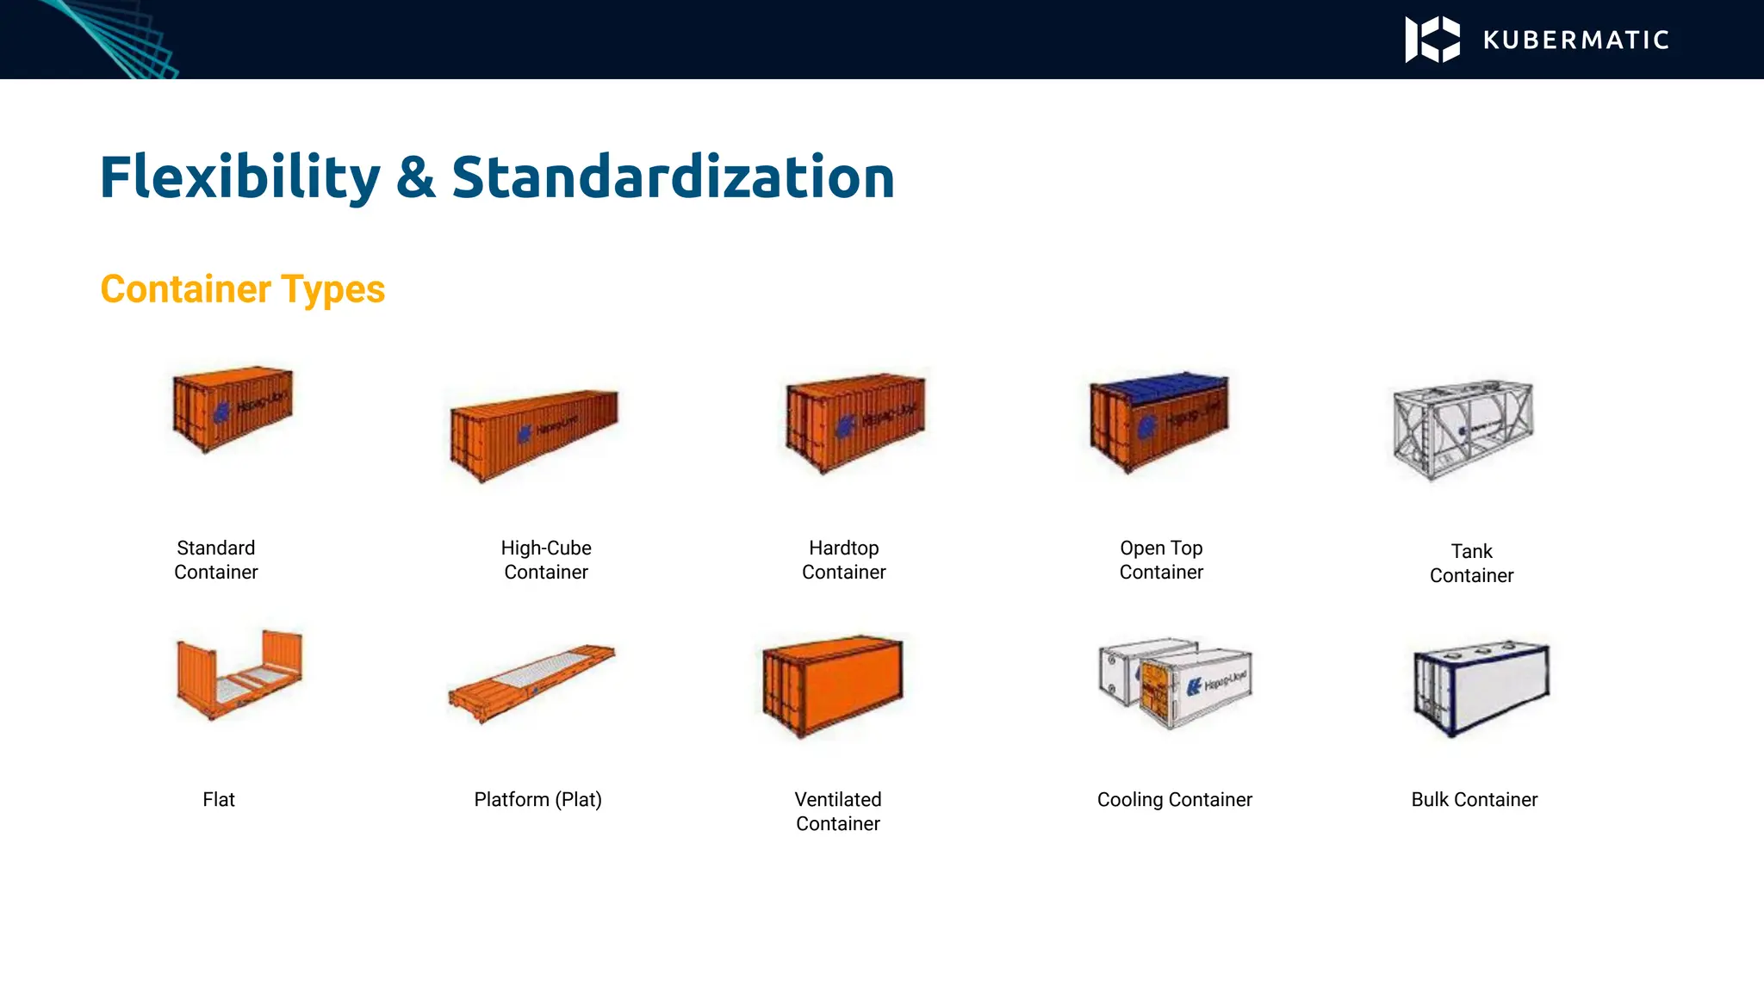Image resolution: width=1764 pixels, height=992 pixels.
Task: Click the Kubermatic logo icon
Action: pos(1432,40)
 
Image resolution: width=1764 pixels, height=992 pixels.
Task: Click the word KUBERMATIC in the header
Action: pos(1576,40)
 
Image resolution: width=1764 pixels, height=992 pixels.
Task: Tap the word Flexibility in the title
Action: pos(239,177)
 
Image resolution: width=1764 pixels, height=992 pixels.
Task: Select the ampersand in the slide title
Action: pos(416,177)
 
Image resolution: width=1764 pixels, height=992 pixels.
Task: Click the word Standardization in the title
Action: pos(673,177)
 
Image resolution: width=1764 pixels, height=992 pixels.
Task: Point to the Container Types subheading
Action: pos(242,289)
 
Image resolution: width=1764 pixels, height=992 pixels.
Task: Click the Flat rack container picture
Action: pos(239,673)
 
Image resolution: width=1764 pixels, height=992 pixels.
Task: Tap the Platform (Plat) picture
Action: pos(531,682)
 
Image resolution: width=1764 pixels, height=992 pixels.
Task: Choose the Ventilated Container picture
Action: pos(833,685)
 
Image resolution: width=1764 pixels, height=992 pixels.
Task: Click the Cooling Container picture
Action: pos(1176,683)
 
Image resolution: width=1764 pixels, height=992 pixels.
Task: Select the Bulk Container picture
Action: pos(1481,687)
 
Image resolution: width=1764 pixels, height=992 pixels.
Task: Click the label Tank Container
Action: pos(1471,563)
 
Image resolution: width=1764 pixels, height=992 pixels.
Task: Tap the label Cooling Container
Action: pos(1174,800)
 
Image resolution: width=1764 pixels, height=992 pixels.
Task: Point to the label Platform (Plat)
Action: pos(537,800)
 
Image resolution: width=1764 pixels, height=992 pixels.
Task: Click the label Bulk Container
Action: pos(1474,800)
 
